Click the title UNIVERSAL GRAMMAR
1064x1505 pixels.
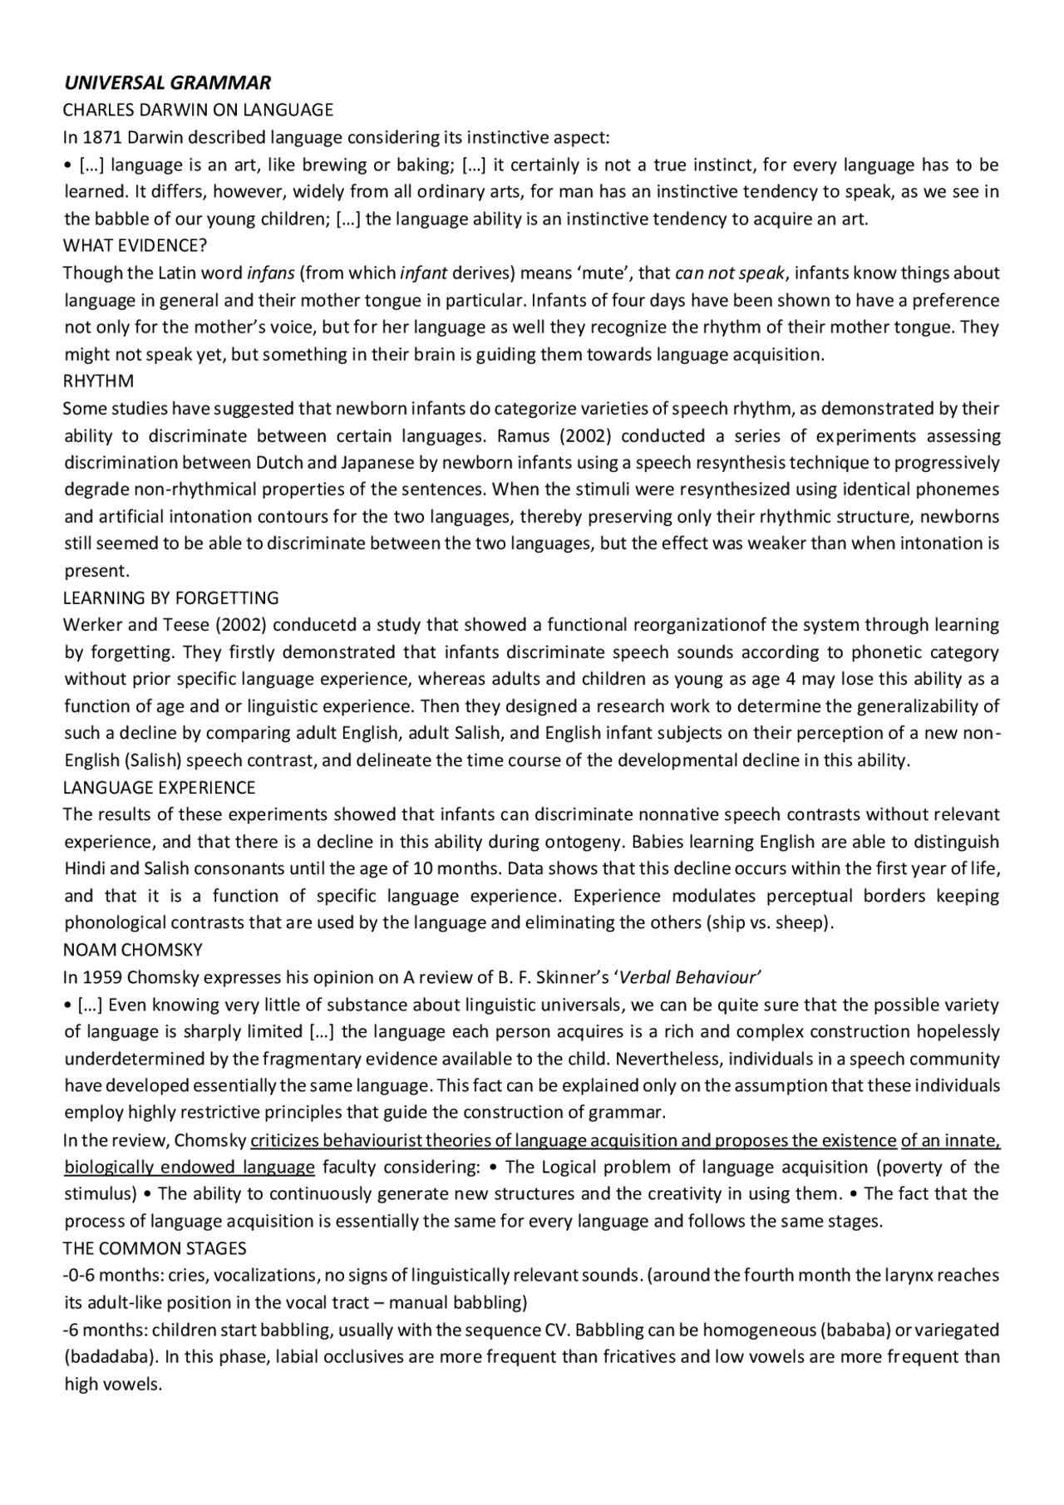167,83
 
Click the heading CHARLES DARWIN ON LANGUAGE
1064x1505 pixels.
198,110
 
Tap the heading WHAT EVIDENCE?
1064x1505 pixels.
135,246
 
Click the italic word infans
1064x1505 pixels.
271,273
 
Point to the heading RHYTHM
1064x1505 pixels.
98,381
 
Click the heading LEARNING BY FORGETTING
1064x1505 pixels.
171,598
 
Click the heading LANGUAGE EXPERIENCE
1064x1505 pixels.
159,788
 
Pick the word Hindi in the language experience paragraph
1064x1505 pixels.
85,869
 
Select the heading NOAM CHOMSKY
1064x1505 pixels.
133,950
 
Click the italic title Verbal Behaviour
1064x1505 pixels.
690,977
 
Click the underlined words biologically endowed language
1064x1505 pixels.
190,1168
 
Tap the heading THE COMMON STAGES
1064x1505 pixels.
155,1249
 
